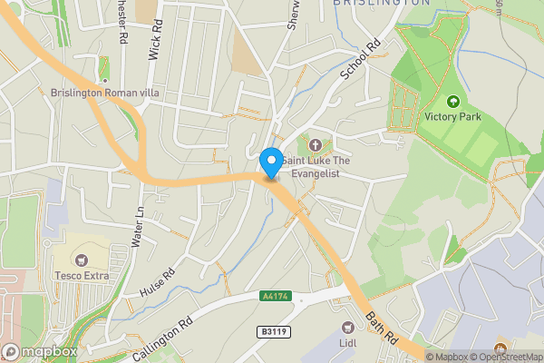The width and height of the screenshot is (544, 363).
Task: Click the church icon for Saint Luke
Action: click(316, 145)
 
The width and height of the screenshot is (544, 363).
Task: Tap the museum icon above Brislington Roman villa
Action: click(104, 64)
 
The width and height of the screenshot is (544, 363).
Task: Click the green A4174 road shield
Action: click(274, 296)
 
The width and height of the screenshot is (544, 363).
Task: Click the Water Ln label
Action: click(139, 223)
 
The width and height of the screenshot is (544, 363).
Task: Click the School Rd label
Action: click(358, 59)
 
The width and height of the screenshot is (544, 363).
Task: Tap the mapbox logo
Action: click(40, 352)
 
